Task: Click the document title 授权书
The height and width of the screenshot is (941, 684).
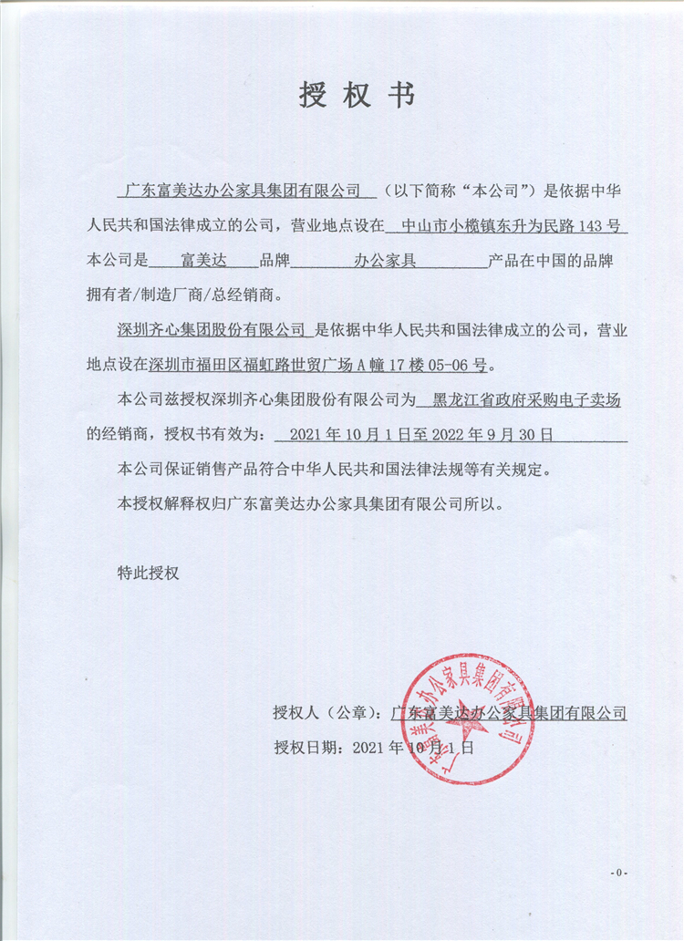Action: click(357, 95)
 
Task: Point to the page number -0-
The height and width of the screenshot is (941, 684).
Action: click(619, 873)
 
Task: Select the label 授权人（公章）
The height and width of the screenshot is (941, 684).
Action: click(326, 712)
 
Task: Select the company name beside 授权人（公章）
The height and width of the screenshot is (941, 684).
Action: click(508, 712)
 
